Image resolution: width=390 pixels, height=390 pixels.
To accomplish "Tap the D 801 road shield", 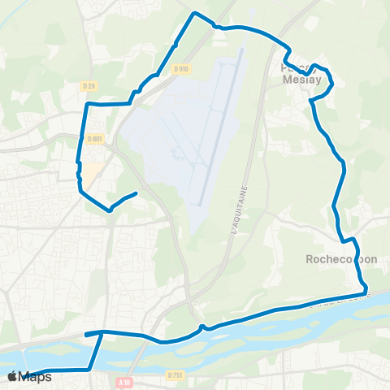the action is tap(94, 139).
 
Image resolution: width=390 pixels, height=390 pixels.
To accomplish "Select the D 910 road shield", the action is tap(180, 69).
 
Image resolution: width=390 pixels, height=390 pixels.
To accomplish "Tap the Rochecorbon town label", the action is tap(341, 260).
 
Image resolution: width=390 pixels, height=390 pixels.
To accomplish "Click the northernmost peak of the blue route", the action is tap(193, 13).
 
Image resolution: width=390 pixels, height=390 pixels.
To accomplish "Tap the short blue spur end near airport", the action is tap(134, 193).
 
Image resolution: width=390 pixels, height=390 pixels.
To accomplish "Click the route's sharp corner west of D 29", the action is tap(87, 105).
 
